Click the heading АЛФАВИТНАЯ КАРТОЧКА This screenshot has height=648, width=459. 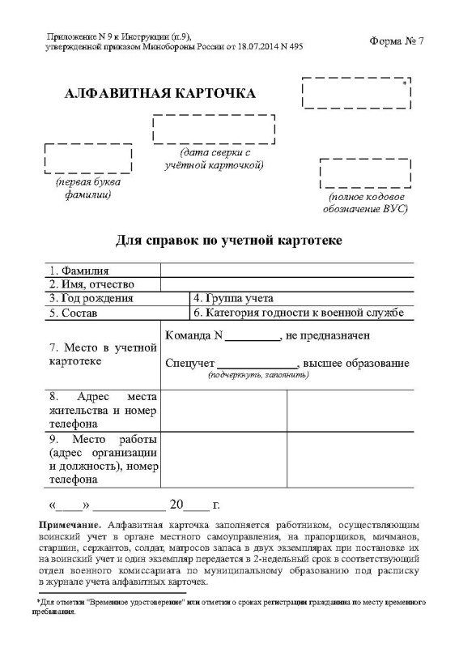tap(159, 93)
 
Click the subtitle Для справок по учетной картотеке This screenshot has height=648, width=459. tap(229, 241)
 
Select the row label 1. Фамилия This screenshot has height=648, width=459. tap(79, 271)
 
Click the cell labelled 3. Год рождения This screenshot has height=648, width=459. tap(91, 298)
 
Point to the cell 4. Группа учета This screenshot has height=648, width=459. tap(233, 298)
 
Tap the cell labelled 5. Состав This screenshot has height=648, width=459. tap(73, 313)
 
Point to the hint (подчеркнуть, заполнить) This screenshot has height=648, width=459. tap(258, 376)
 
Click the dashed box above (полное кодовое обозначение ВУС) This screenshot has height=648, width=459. tap(365, 173)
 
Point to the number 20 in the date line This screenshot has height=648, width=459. tap(177, 505)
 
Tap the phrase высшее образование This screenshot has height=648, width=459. tap(359, 363)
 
